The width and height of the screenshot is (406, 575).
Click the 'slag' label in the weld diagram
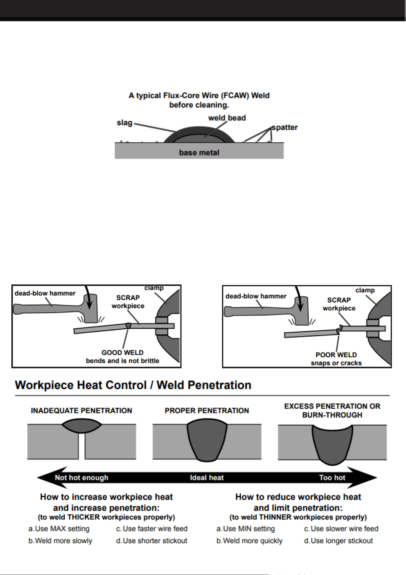pyautogui.click(x=124, y=123)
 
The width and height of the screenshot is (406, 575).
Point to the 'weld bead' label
pyautogui.click(x=227, y=118)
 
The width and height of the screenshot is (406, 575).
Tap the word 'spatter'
pyautogui.click(x=285, y=127)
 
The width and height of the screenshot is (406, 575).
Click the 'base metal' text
pyautogui.click(x=199, y=153)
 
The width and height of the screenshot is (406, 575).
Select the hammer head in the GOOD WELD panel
pyautogui.click(x=90, y=308)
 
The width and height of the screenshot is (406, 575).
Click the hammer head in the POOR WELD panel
pyautogui.click(x=301, y=311)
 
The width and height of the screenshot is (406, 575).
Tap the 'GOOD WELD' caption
pyautogui.click(x=122, y=353)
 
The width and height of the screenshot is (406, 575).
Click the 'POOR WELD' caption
pyautogui.click(x=336, y=355)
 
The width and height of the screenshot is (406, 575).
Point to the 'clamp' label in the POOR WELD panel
pyautogui.click(x=365, y=290)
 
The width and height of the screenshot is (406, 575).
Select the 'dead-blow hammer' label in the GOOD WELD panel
pyautogui.click(x=45, y=293)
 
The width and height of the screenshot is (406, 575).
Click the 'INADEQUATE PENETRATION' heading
pyautogui.click(x=82, y=411)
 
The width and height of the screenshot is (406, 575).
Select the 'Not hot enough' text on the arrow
pyautogui.click(x=82, y=478)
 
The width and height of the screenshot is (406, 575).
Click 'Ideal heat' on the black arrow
pyautogui.click(x=207, y=478)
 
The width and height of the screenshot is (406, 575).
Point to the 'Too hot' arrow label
pyautogui.click(x=332, y=478)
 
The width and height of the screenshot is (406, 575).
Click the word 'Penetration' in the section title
pyautogui.click(x=204, y=385)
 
